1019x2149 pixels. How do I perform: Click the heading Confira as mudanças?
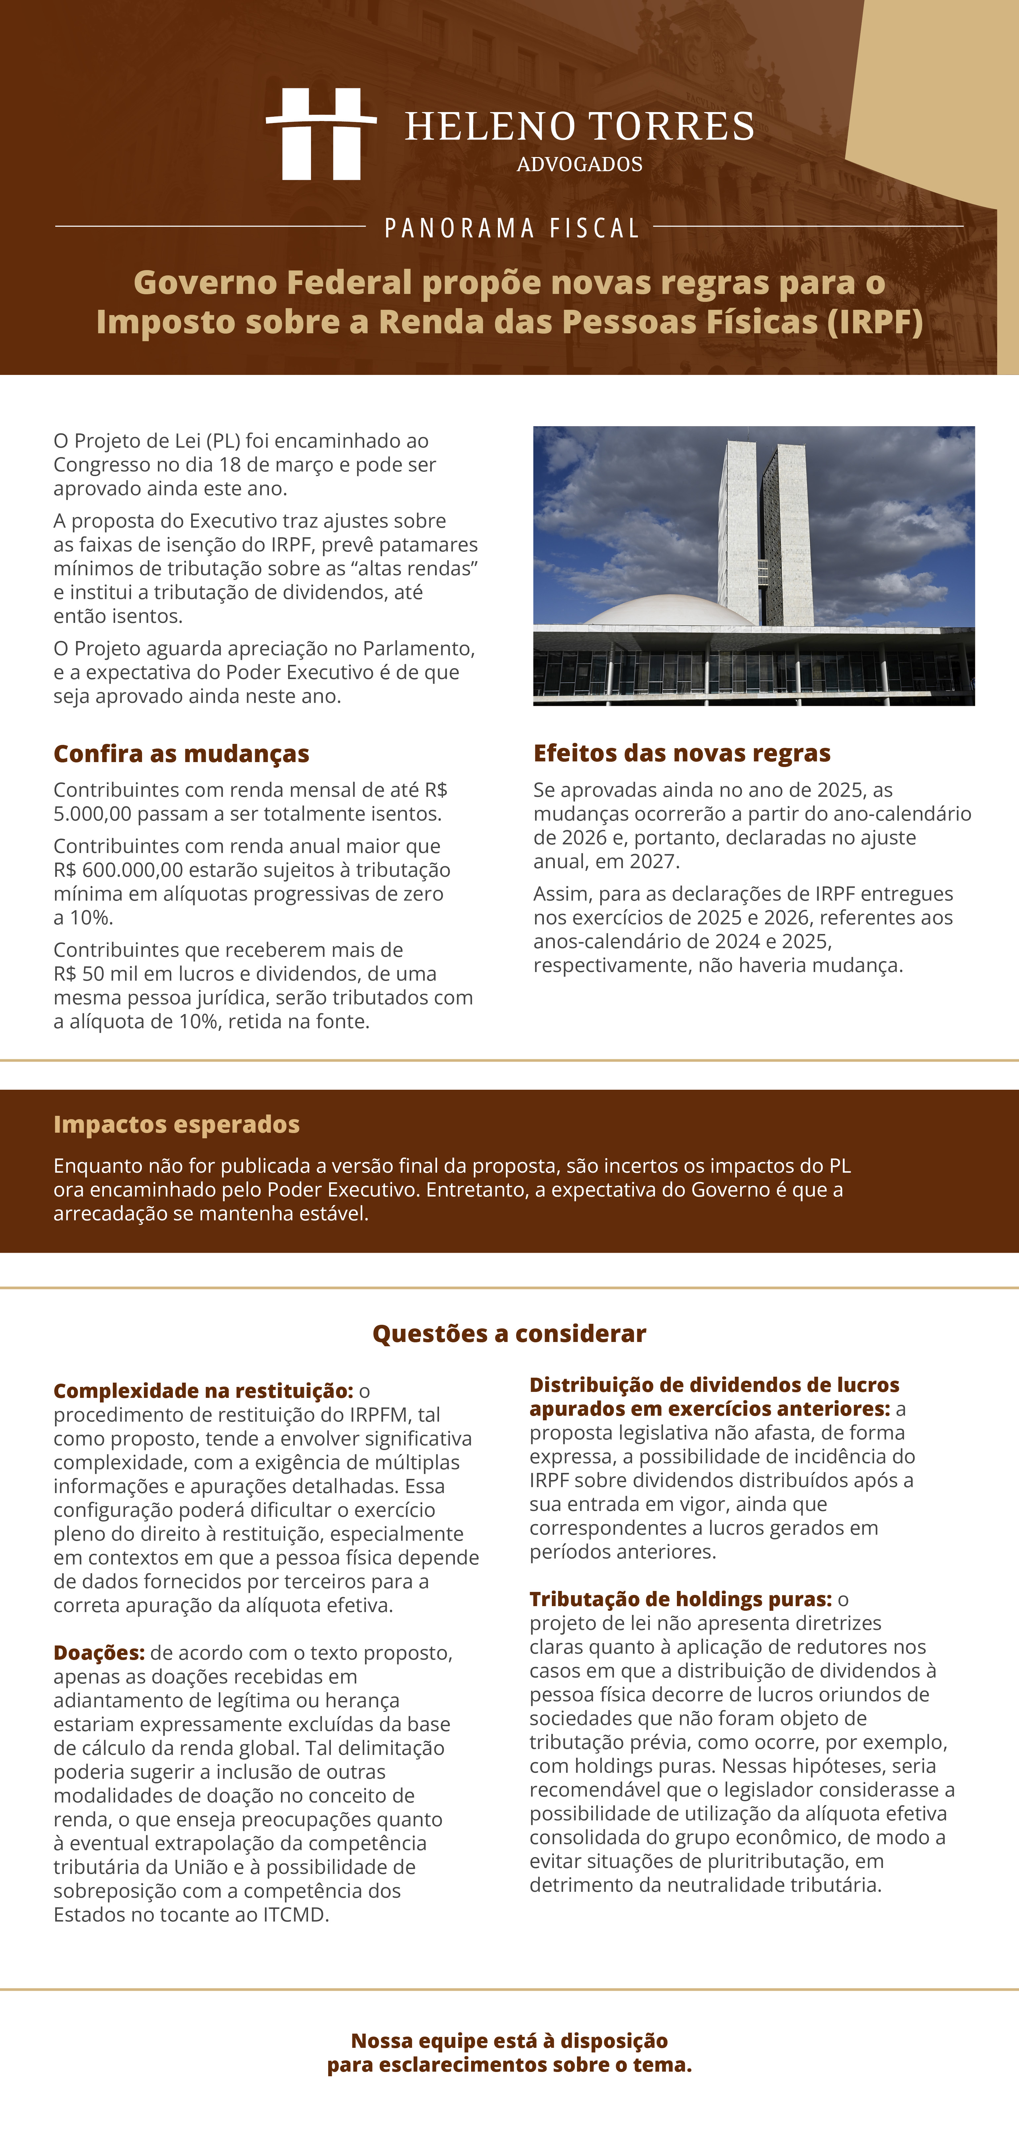(181, 753)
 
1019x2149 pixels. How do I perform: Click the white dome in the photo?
(668, 612)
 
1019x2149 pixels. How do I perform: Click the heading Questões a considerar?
(509, 1333)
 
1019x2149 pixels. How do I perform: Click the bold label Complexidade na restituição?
(203, 1391)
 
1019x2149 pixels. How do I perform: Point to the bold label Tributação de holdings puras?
(680, 1599)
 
